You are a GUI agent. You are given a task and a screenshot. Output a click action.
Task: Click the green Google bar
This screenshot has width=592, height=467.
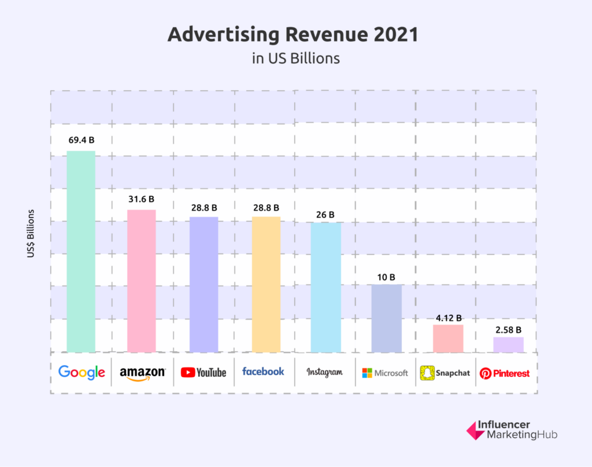point(81,251)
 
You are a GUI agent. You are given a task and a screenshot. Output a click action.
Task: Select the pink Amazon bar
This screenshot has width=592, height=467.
point(142,281)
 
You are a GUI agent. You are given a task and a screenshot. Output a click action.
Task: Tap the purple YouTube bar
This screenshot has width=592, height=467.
point(203,284)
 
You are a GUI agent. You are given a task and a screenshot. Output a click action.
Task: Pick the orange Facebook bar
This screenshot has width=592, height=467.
point(266,284)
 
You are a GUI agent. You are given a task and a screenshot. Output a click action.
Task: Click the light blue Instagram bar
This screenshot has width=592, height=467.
point(326,287)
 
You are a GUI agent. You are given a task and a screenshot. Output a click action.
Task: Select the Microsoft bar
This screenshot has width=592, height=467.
point(387,318)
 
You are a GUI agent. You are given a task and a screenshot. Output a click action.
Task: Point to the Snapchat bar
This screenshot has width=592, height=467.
point(448,338)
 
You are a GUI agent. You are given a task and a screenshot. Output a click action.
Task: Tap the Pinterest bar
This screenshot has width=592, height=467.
point(508,344)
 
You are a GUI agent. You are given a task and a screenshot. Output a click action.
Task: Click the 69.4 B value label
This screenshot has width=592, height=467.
point(81,140)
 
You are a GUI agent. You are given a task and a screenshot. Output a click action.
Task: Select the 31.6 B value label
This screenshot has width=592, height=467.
point(142,199)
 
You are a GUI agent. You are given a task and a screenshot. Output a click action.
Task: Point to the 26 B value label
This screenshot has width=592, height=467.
point(325,215)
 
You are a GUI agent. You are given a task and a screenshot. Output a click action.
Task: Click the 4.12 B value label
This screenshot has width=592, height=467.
point(448,318)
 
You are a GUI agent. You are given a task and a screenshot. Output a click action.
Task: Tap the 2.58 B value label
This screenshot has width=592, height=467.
point(508,330)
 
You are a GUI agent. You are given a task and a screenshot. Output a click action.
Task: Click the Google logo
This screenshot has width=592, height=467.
point(82,373)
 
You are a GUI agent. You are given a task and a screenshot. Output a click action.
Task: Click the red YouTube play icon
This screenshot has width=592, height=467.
point(187,373)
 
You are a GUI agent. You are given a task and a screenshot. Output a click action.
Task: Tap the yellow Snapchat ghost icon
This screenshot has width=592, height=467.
point(427,373)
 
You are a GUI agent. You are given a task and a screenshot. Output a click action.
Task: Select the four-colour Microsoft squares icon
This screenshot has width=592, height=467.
point(367,373)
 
